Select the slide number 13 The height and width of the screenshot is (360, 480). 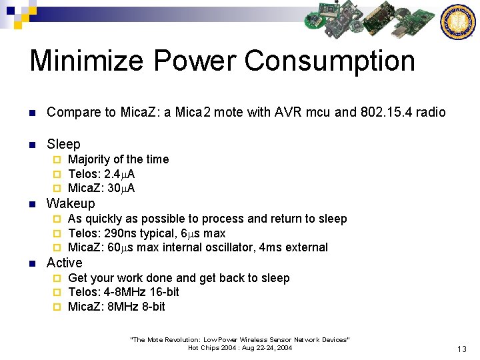point(461,349)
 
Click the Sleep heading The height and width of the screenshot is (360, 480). point(63,144)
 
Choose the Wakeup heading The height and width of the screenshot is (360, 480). point(71,203)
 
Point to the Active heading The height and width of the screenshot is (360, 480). point(65,263)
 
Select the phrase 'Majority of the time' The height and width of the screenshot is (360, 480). point(118,159)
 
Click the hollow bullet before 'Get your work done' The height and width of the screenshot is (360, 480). point(57,278)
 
